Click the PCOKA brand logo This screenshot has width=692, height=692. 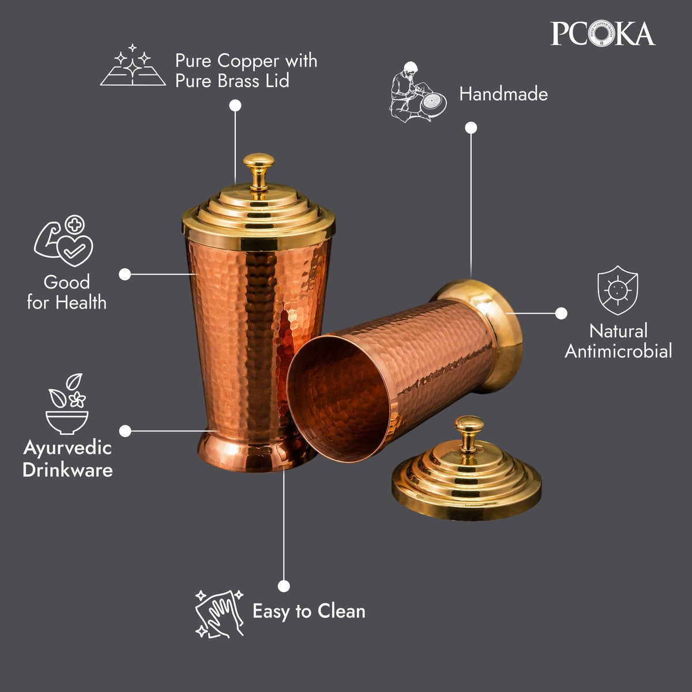click(603, 34)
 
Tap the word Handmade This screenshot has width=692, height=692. click(503, 94)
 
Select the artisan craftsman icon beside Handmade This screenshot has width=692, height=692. click(418, 92)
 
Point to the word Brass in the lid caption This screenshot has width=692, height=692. click(238, 80)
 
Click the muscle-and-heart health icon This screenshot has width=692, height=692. click(64, 240)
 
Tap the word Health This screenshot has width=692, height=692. click(81, 302)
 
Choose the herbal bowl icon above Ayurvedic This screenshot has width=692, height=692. click(67, 404)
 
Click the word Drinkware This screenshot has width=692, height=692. click(67, 470)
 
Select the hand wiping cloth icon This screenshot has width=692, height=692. click(219, 614)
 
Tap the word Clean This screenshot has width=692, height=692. click(341, 611)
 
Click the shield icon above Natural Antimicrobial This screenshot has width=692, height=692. click(618, 290)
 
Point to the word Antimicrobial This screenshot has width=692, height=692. click(618, 351)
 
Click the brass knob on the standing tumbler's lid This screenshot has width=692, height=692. click(258, 176)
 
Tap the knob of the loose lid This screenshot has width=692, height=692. click(469, 434)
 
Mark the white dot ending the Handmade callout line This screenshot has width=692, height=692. click(471, 128)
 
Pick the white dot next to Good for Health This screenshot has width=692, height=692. click(125, 274)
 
